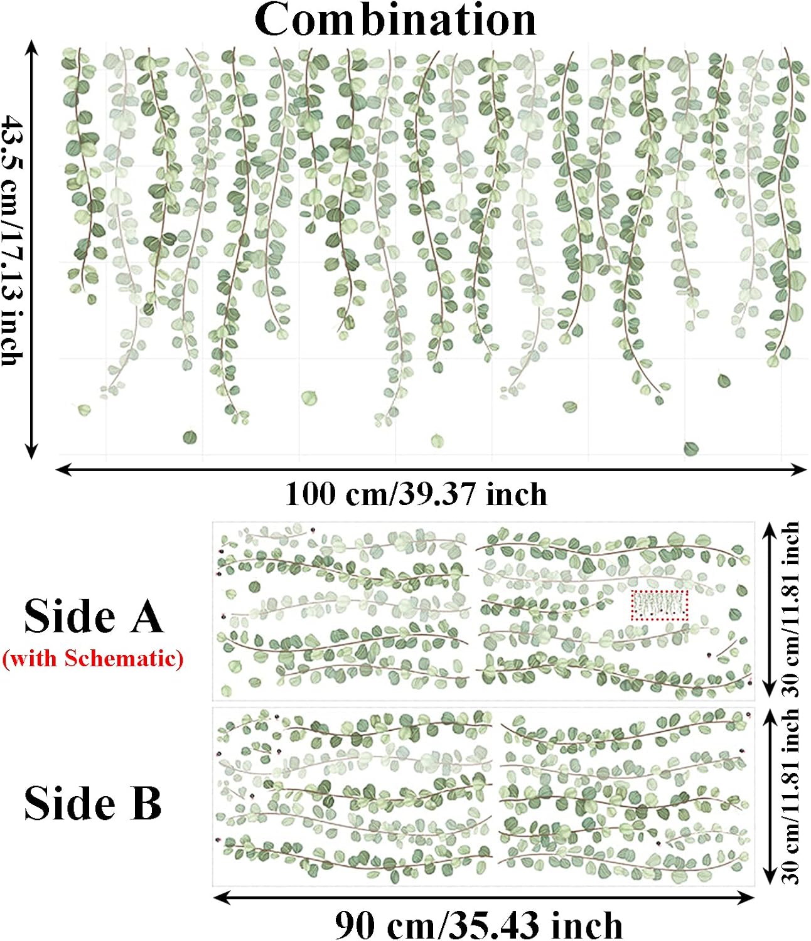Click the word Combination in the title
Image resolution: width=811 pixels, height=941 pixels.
(395, 21)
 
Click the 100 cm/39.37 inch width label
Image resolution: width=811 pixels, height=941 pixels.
(416, 494)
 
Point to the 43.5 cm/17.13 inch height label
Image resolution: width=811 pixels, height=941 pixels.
(12, 240)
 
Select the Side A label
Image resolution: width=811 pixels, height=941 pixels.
(94, 617)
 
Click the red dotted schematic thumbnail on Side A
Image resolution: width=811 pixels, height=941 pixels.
(659, 605)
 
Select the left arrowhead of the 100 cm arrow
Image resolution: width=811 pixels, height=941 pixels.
(62, 469)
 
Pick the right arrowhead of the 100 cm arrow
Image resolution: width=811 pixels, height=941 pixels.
(799, 469)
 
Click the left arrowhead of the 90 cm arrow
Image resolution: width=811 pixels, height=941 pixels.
(220, 898)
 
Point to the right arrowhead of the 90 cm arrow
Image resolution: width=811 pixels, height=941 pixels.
(746, 898)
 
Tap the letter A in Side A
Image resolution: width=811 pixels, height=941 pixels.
(146, 617)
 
